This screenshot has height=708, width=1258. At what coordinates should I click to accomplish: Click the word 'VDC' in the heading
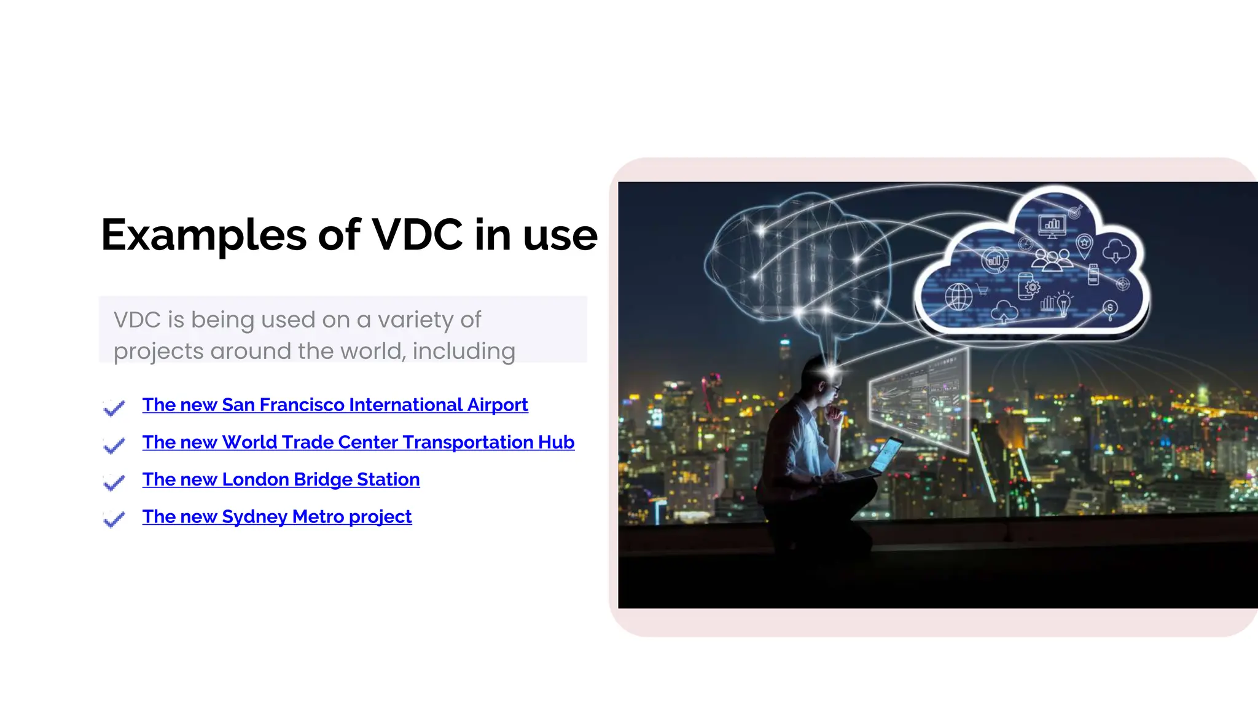(x=417, y=235)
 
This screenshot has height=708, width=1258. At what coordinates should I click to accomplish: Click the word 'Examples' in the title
(x=203, y=236)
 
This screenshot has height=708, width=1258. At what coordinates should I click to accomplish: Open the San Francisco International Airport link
(x=335, y=405)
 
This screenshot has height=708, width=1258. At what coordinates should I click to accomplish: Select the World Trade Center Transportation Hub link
(x=358, y=442)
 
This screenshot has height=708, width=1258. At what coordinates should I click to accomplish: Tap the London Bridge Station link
(x=281, y=479)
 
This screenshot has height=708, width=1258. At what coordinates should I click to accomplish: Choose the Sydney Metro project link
(x=276, y=517)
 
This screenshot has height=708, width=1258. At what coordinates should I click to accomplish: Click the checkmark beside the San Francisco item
(x=114, y=407)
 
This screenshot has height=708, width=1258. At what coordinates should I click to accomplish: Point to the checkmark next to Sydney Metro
(x=114, y=519)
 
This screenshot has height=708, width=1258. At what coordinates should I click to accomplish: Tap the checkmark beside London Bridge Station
(x=114, y=482)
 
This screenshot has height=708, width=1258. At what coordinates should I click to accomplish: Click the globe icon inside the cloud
(x=958, y=297)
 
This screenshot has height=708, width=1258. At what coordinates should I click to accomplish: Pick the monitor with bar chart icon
(x=1052, y=226)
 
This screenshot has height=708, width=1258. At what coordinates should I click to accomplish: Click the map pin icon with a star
(x=1085, y=245)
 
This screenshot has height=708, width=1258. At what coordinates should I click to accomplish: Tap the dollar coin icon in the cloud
(x=1109, y=309)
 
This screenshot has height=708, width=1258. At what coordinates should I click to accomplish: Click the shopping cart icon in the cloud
(x=982, y=289)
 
